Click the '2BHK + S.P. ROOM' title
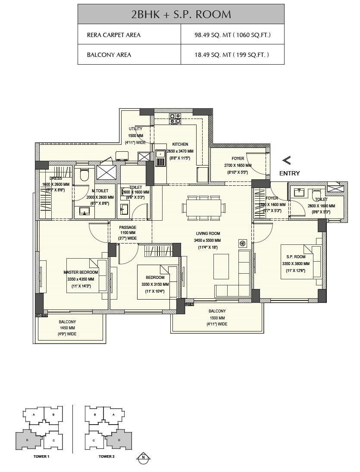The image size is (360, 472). pyautogui.click(x=181, y=14)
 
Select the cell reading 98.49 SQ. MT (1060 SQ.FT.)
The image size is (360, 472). pyautogui.click(x=232, y=35)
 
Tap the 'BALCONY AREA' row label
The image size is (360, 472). pyautogui.click(x=109, y=55)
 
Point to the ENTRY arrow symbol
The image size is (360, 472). pyautogui.click(x=286, y=160)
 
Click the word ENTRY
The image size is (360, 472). pyautogui.click(x=289, y=173)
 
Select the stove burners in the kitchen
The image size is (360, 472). pyautogui.click(x=175, y=119)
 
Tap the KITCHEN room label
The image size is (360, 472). pyautogui.click(x=180, y=144)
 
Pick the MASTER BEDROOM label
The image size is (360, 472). pyautogui.click(x=81, y=272)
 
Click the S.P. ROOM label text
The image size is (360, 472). pyautogui.click(x=294, y=257)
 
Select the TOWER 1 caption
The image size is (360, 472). pyautogui.click(x=41, y=456)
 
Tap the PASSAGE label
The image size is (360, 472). pyautogui.click(x=128, y=227)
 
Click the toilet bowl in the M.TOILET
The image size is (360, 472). pyautogui.click(x=84, y=175)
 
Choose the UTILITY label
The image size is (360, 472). pyautogui.click(x=135, y=129)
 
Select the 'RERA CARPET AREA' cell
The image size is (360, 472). pyautogui.click(x=113, y=35)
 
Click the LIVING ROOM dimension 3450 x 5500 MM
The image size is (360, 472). pyautogui.click(x=207, y=240)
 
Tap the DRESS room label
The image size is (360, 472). pyautogui.click(x=56, y=178)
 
